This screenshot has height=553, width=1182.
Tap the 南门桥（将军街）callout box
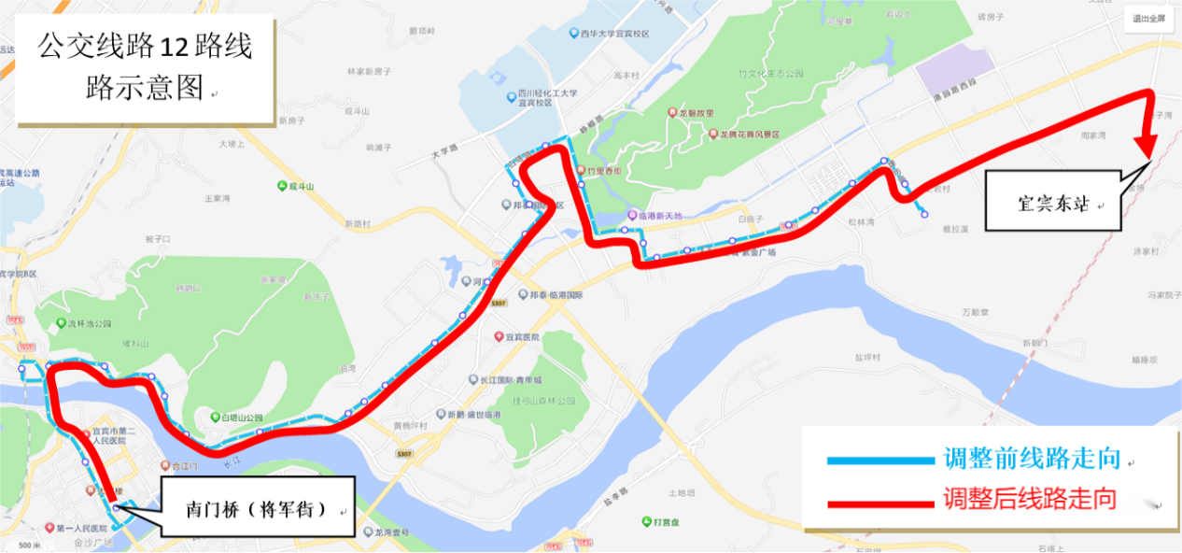click(x=256, y=509)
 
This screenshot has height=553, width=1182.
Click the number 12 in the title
click(x=172, y=45)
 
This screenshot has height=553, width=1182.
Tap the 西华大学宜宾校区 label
click(x=614, y=34)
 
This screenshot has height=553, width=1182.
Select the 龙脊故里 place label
click(x=697, y=112)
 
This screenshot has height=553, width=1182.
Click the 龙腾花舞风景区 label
click(x=748, y=135)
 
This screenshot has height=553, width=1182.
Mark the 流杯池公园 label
click(x=90, y=324)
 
